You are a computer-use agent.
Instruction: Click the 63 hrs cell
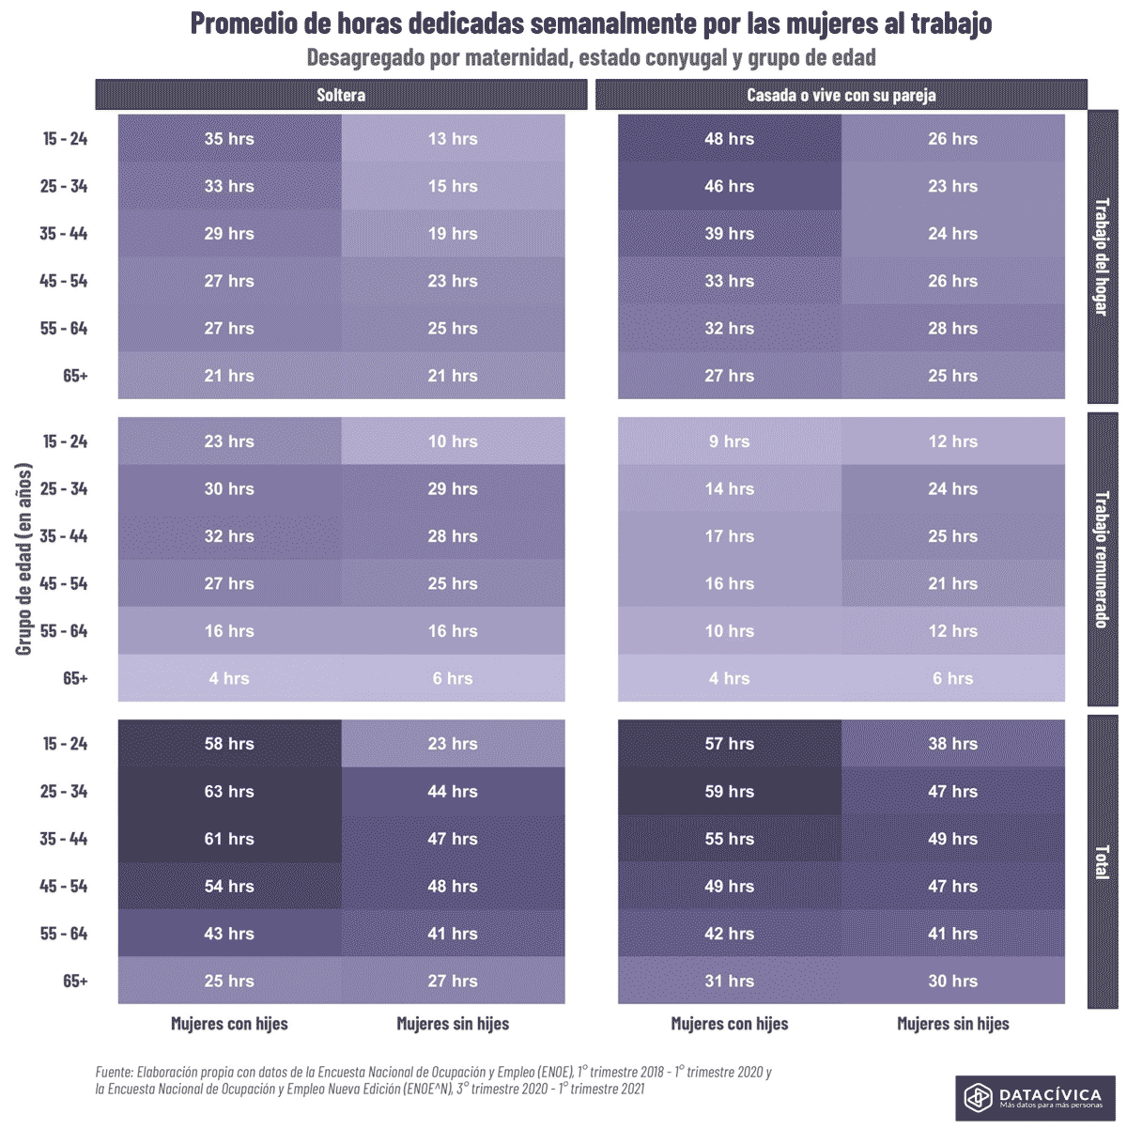(229, 791)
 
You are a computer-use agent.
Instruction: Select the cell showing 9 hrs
(729, 441)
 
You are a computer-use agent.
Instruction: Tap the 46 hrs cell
(729, 186)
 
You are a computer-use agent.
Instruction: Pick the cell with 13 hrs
(453, 139)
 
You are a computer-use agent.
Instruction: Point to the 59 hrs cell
(729, 791)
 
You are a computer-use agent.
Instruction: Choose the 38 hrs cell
(952, 744)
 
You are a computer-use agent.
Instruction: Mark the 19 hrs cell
(453, 234)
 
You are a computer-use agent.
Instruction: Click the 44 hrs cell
(453, 791)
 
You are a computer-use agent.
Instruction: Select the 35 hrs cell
(229, 139)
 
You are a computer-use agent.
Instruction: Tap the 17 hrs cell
(729, 536)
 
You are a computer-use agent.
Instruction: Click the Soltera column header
(341, 95)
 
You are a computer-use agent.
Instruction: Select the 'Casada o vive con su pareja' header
(841, 95)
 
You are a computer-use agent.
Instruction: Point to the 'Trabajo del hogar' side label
(1102, 256)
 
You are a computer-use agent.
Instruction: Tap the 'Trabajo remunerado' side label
(1102, 559)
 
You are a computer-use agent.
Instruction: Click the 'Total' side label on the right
(1102, 861)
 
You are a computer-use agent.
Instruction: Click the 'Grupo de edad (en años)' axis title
(24, 559)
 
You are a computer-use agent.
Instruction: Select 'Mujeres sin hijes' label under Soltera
(453, 1024)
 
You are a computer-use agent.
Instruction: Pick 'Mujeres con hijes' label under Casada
(729, 1024)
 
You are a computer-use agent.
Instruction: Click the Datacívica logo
(1035, 1098)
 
